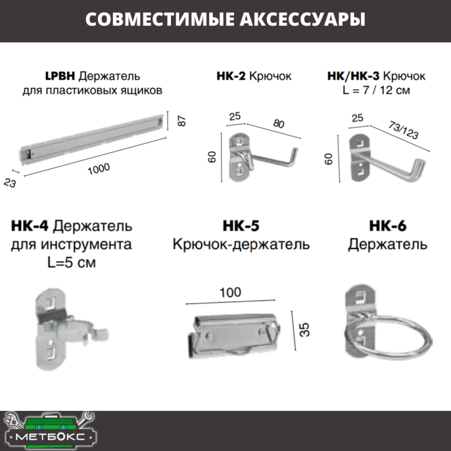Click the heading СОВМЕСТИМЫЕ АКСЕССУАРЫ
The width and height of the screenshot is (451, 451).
point(225,19)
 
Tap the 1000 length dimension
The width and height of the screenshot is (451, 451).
point(98,168)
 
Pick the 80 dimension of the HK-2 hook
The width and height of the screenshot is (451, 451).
point(278,125)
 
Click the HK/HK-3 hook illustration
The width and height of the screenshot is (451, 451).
point(383,158)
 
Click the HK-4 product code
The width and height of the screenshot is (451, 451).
point(30,226)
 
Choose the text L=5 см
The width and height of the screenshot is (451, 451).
point(71,262)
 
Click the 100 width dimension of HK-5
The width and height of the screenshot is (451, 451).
point(230,292)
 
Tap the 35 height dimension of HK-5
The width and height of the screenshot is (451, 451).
point(304,329)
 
